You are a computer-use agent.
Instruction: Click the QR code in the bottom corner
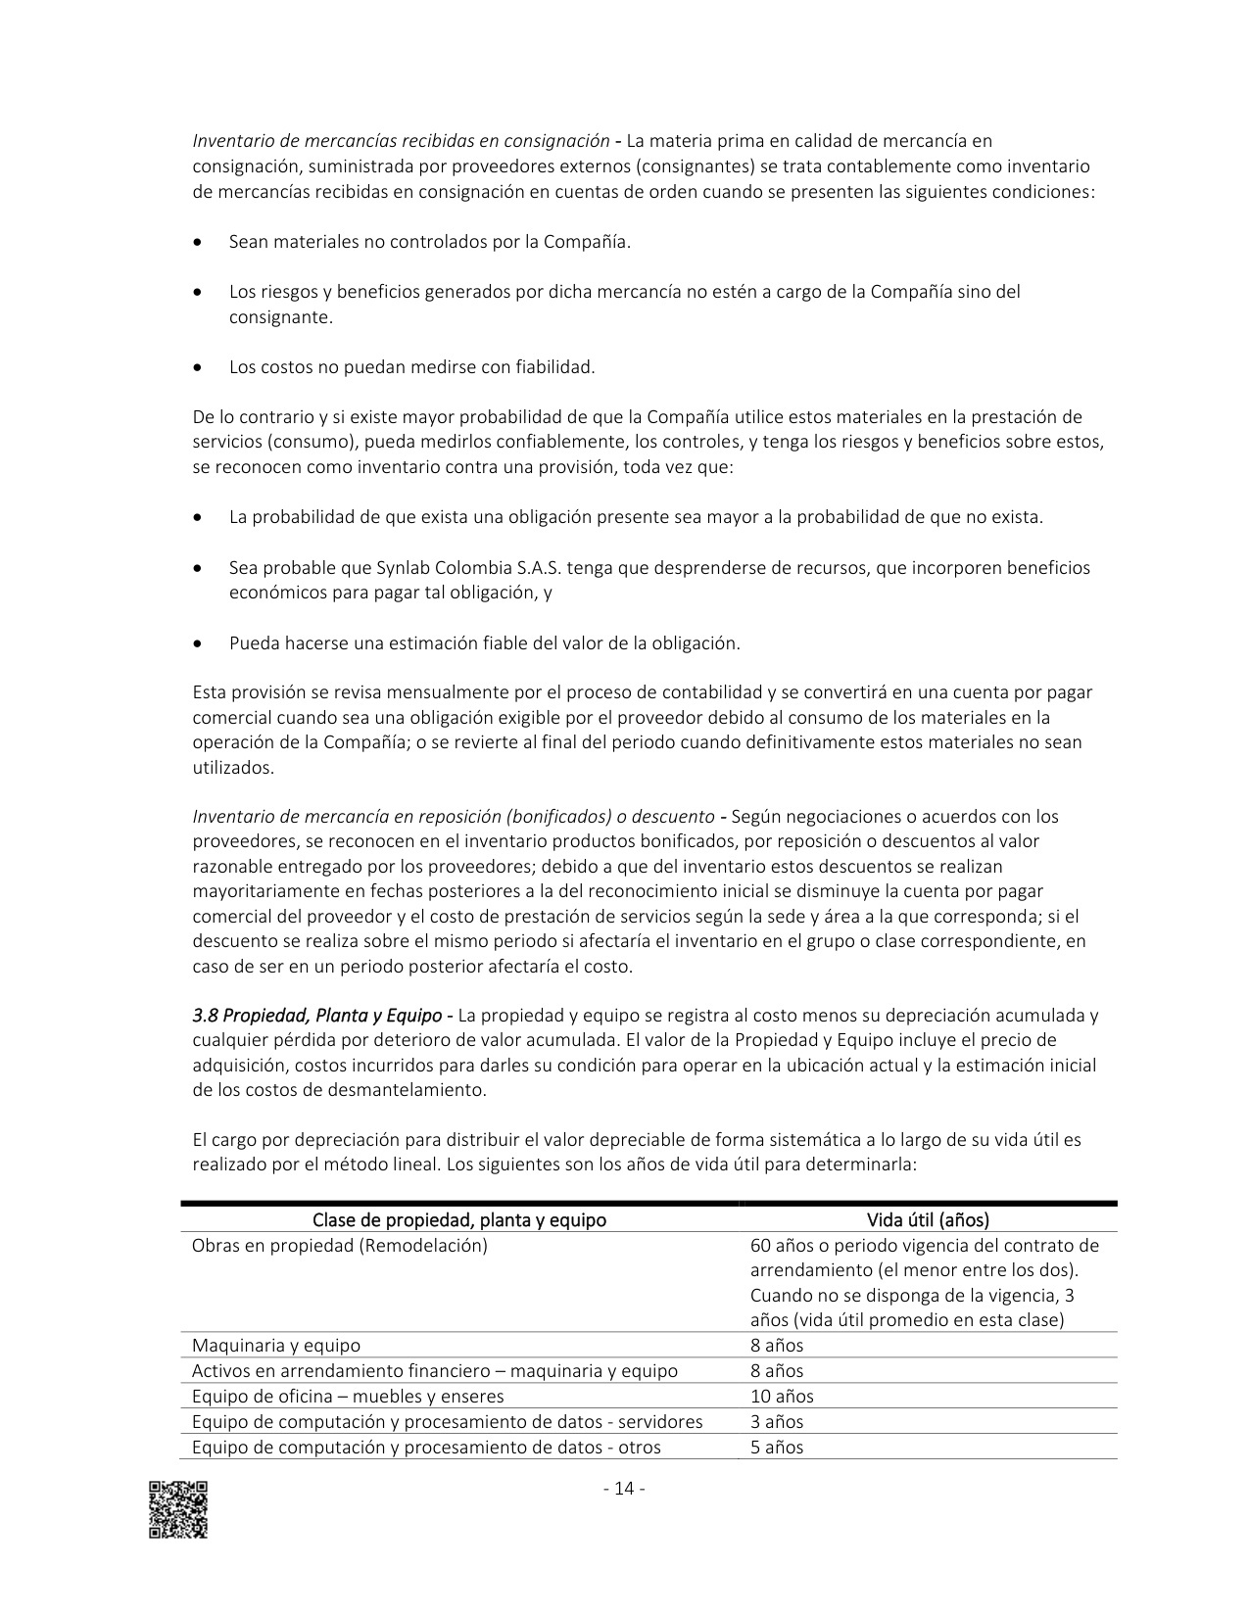click(x=178, y=1509)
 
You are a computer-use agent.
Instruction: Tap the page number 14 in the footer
click(x=624, y=1489)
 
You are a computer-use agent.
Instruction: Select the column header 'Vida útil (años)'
click(x=928, y=1219)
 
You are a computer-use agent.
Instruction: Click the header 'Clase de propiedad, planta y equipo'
click(x=458, y=1219)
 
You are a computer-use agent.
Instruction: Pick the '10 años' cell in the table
click(x=782, y=1397)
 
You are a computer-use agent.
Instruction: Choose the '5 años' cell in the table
click(x=777, y=1448)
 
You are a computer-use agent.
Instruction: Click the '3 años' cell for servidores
click(x=777, y=1422)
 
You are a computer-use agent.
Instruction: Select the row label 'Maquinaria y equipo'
click(x=276, y=1346)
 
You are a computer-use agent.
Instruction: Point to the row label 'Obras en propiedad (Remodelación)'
click(x=339, y=1246)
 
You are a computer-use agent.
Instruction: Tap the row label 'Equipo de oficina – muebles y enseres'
click(x=348, y=1397)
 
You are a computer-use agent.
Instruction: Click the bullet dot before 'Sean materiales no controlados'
click(x=200, y=242)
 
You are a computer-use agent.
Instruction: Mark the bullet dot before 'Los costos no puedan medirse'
click(x=200, y=368)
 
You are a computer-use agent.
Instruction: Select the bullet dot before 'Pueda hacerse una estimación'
click(x=200, y=644)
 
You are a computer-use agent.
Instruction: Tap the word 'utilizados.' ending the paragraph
click(x=234, y=768)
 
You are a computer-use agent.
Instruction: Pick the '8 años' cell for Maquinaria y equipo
click(x=777, y=1346)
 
